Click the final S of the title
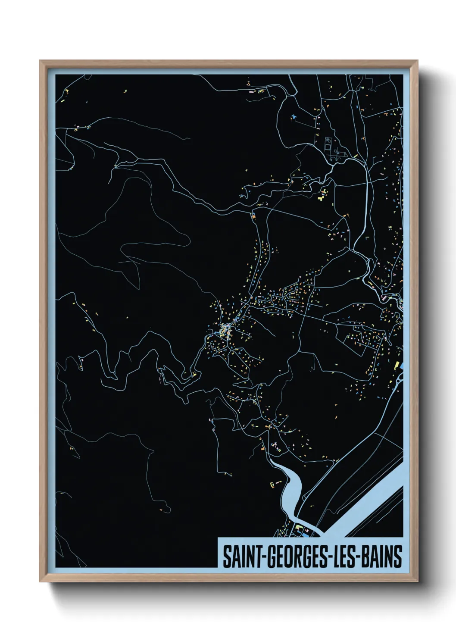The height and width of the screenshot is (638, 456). [398, 557]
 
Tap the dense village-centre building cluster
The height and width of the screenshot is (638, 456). [224, 330]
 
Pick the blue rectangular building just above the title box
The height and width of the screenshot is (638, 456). [306, 535]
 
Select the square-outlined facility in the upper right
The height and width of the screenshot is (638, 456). [327, 145]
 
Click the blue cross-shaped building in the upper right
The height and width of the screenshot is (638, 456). [294, 116]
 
